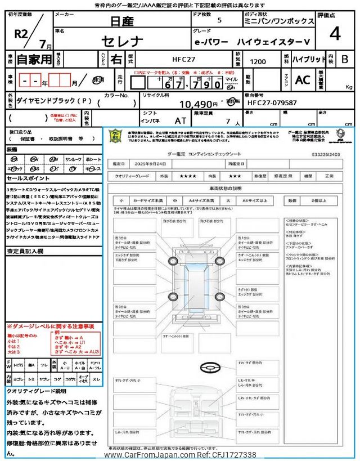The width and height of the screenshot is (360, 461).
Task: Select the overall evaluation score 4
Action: [335, 34]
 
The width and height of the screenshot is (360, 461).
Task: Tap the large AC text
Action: [303, 80]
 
